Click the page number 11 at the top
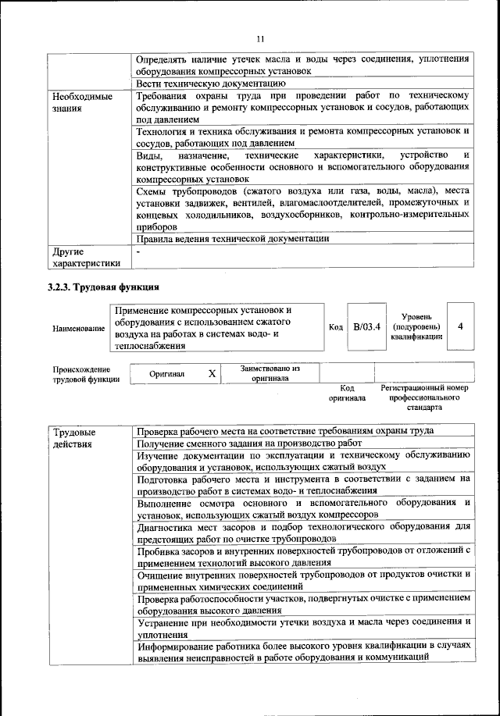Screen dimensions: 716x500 261,39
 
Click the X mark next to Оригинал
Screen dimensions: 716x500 212,373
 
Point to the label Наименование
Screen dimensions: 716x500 79,329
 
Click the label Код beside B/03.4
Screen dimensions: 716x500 336,327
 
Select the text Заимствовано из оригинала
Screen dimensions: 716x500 270,373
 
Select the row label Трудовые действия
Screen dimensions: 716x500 74,437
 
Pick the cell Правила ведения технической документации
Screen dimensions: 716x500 232,240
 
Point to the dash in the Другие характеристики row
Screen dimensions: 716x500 138,252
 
